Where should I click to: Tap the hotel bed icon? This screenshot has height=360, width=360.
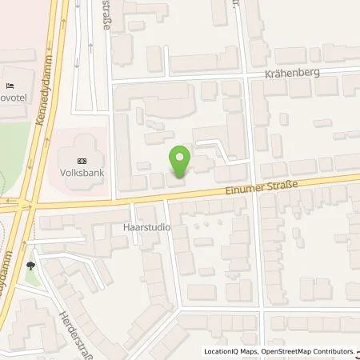[x=10, y=85]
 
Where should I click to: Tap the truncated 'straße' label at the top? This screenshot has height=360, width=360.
[x=106, y=14]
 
